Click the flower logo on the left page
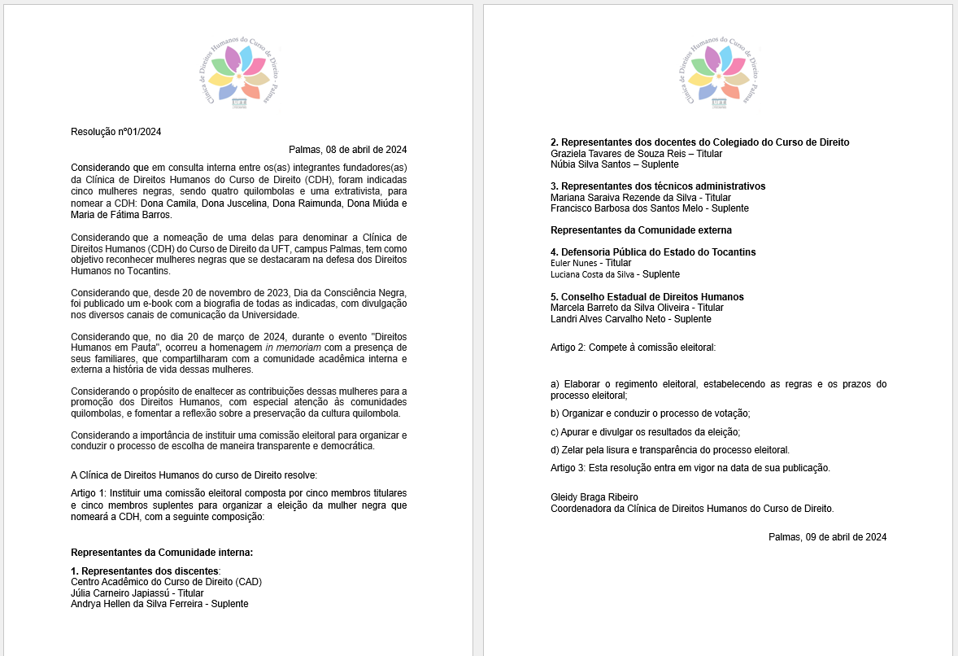point(239,72)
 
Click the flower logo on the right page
point(719,72)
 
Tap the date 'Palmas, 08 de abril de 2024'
point(347,150)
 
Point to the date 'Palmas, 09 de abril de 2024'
point(827,537)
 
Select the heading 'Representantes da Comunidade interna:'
point(162,553)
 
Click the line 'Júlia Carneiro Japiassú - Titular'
point(137,593)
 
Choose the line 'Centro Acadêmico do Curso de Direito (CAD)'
point(166,581)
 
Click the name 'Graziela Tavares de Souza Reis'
point(618,153)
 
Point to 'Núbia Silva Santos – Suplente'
point(614,164)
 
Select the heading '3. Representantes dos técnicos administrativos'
point(658,186)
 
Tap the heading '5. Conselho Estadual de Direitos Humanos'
point(647,296)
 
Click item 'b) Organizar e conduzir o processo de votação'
point(650,413)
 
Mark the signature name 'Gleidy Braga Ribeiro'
point(594,497)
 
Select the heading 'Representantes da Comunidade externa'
point(641,230)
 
